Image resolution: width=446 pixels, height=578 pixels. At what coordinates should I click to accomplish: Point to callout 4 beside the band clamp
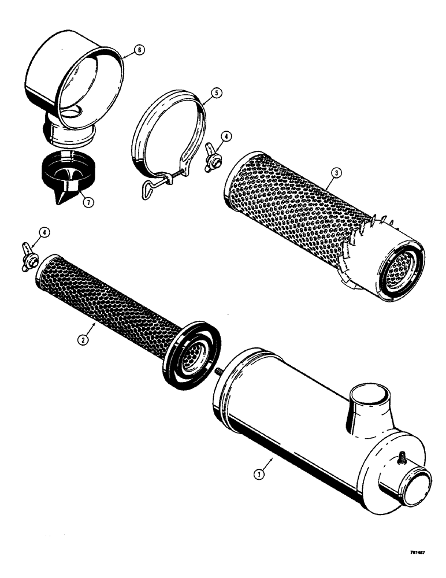(226, 137)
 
